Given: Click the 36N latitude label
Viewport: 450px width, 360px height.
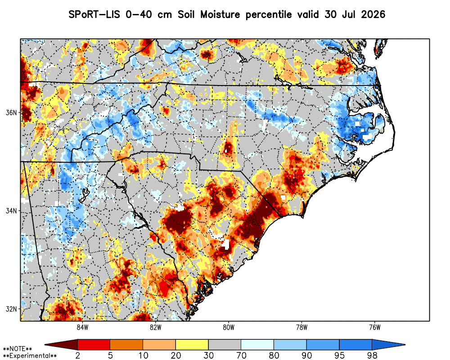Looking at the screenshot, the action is coord(11,112).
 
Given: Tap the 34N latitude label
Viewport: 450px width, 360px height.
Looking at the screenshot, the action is coord(11,211).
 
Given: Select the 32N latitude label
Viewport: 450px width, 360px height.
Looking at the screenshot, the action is coord(11,309).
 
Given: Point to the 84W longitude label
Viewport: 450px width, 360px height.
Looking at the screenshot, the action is coord(82,328).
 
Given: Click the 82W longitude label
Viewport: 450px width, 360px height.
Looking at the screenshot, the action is coord(156,328).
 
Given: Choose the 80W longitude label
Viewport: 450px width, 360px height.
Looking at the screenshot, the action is coord(229,328).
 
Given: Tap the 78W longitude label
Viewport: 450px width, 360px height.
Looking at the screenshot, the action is coord(301,328).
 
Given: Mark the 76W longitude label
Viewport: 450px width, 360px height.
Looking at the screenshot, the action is coord(375,328).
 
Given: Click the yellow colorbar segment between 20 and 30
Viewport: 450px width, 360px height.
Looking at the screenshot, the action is coord(192,344).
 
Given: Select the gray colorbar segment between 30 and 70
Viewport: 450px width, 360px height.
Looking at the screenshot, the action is coord(225,344).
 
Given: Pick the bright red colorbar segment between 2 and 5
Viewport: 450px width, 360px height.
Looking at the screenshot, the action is coord(94,344).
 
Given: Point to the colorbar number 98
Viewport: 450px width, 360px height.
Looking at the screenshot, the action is coord(372,355).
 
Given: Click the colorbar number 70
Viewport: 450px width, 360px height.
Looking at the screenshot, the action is coord(241,355).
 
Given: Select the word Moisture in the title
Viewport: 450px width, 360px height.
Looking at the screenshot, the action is coord(220,14).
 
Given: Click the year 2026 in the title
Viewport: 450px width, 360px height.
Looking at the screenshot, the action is coord(373,14).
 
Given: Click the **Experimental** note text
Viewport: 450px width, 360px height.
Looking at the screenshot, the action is coord(30,356).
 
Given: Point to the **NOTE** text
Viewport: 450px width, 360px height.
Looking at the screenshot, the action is coord(18,349).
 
